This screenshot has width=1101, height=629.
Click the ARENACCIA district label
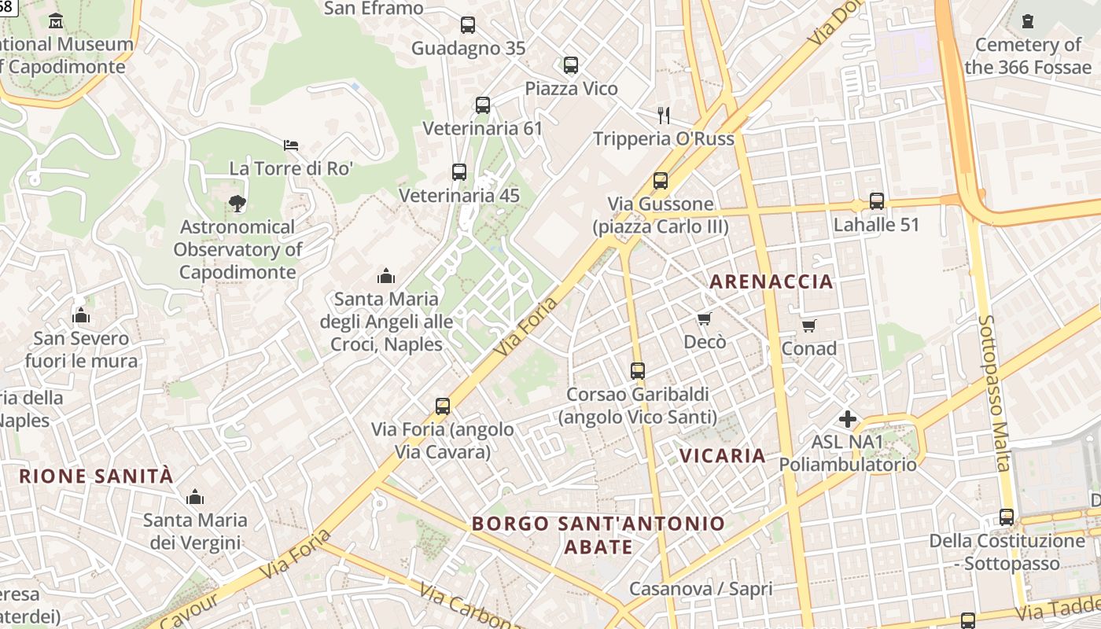coord(771,281)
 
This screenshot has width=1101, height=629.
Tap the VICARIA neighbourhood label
coord(722,455)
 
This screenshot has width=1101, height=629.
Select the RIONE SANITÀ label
coord(96,476)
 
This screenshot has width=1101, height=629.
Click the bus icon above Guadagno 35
coord(468,25)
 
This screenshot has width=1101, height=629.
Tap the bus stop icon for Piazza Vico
coord(571,65)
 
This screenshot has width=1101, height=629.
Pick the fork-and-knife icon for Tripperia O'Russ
coord(664,116)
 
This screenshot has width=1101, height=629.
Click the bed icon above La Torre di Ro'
coord(291,145)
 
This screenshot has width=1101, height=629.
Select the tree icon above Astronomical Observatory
coord(237,204)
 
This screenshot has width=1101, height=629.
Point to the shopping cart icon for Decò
coord(705,318)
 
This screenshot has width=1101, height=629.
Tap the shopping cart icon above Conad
coord(808,325)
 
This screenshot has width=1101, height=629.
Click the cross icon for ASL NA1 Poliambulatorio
coord(847,419)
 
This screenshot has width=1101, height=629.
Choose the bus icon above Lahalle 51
coord(877,201)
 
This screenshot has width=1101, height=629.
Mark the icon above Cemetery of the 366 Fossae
coord(1028,21)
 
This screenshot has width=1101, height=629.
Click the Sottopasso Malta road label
coord(994,393)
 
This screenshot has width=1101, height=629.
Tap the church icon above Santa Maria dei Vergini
coord(195,497)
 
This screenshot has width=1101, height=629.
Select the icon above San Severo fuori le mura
coord(81,316)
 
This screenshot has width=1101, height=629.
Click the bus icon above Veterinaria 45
coord(459,172)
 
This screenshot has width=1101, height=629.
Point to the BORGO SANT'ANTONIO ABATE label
coord(598,535)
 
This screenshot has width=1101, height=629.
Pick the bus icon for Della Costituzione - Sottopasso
coord(1007,517)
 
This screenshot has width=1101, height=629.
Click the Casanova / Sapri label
coord(701,588)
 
